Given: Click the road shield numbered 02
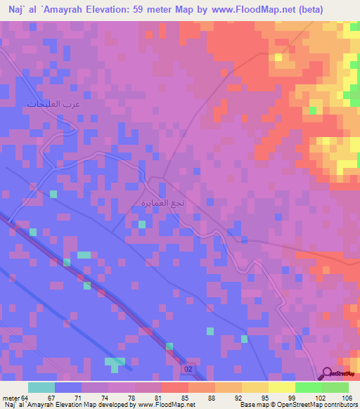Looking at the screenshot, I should point(188,369).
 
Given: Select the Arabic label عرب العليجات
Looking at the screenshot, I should point(53,104).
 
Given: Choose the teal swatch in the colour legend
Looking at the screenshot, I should point(41,387).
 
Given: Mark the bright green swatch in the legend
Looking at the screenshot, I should point(309,387).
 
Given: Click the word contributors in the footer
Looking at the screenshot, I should point(339,405).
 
